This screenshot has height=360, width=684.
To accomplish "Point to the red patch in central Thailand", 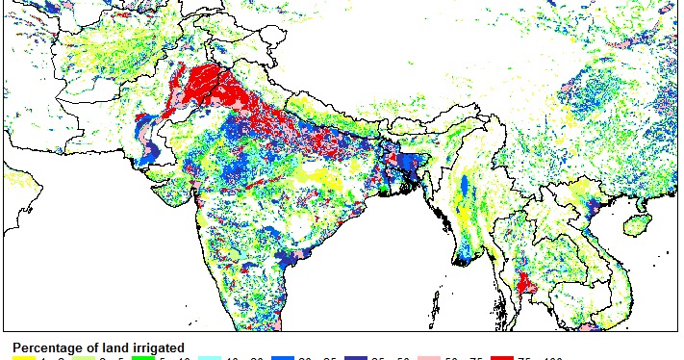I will [x=525, y=284].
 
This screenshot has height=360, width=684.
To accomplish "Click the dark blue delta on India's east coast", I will [x=289, y=257].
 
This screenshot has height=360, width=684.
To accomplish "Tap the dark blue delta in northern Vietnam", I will [x=593, y=208].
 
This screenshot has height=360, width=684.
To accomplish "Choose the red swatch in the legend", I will [x=501, y=358].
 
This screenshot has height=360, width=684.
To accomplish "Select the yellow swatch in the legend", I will [x=23, y=358].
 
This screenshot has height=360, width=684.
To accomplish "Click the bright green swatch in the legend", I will [x=143, y=358].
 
